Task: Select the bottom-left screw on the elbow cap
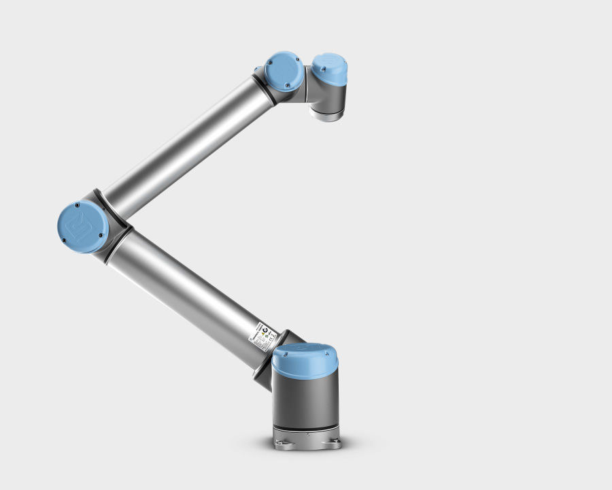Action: click(65, 240)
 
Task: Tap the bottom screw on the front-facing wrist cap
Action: click(287, 86)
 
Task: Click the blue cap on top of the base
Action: click(305, 358)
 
